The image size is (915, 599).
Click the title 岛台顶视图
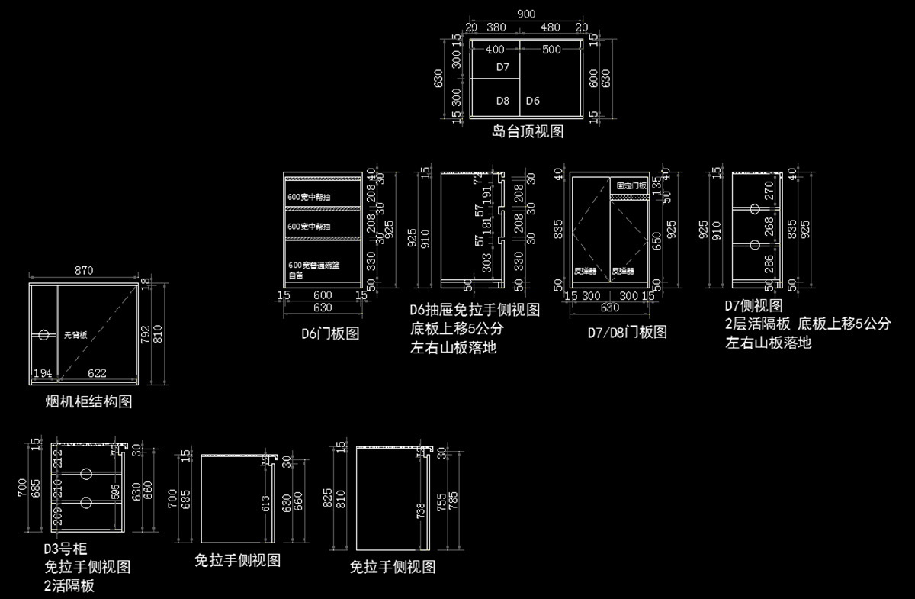click(528, 131)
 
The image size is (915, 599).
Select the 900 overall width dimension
click(525, 14)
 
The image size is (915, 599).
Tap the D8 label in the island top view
click(502, 100)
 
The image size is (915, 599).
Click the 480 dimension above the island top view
click(551, 27)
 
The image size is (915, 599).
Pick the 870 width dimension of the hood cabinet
click(84, 270)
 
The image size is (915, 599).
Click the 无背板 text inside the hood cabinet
click(75, 334)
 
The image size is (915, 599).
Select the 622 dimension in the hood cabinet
click(96, 373)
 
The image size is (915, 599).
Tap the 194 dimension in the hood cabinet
click(43, 373)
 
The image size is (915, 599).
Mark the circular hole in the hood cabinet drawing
click(43, 335)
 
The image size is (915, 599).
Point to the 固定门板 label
click(631, 185)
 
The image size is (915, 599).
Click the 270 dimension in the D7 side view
click(769, 195)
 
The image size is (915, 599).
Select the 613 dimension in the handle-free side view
click(265, 501)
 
